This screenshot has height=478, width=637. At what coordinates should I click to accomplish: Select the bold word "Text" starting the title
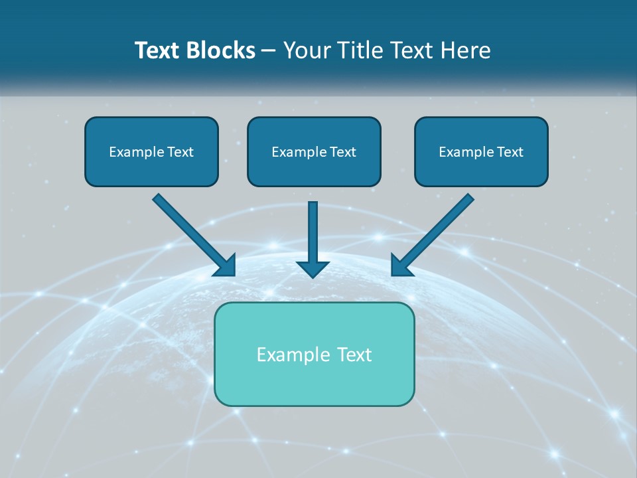click(157, 50)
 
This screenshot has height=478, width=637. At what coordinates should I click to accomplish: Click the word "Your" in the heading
click(305, 50)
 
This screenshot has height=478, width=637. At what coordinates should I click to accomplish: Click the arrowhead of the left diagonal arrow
click(226, 266)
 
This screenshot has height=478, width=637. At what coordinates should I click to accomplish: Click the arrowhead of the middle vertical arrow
click(313, 269)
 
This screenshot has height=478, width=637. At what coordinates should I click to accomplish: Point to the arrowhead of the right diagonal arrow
click(401, 266)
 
